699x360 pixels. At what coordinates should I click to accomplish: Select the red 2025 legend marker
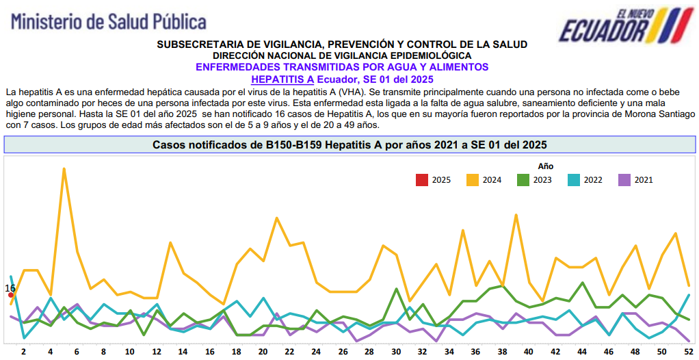click(421, 180)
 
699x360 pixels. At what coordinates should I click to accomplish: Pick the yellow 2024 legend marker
click(473, 180)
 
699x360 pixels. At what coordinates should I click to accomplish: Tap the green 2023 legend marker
click(523, 180)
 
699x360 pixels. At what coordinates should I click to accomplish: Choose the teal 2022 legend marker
click(573, 180)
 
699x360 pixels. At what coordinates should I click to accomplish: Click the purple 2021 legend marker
click(624, 180)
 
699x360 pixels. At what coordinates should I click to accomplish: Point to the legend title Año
click(545, 166)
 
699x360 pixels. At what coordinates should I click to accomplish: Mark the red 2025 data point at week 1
click(11, 295)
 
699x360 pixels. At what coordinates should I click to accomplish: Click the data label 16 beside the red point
click(10, 288)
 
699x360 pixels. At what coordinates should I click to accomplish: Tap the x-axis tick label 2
click(24, 352)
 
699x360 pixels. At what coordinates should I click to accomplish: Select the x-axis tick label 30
click(396, 352)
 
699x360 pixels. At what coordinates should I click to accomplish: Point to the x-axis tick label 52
click(688, 352)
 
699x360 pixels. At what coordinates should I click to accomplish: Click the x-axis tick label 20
click(263, 352)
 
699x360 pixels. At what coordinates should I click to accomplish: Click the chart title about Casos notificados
click(349, 145)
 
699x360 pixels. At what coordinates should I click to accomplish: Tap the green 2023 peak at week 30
click(396, 289)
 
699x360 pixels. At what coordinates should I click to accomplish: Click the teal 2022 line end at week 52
click(688, 295)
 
